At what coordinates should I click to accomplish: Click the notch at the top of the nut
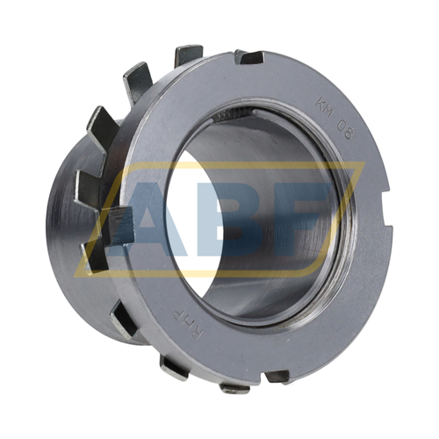click(x=249, y=58)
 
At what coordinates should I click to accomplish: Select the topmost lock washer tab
click(x=189, y=55)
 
